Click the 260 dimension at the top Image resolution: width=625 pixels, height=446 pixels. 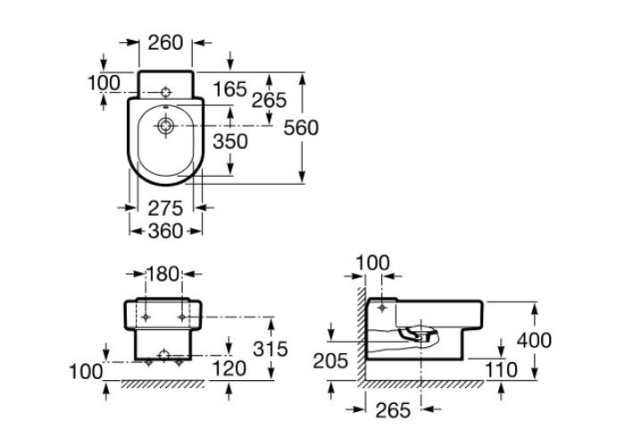(x=167, y=42)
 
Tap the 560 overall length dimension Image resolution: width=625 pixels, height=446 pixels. (x=301, y=128)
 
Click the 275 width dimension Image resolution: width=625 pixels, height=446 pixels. (x=165, y=208)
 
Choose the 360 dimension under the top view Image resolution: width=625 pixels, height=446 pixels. (x=165, y=231)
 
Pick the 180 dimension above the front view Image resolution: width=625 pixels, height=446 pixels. (x=162, y=273)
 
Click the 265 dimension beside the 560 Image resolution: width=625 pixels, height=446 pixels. (x=269, y=100)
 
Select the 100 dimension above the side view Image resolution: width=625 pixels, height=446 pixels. (x=373, y=262)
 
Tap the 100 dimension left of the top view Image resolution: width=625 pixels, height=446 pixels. (x=104, y=83)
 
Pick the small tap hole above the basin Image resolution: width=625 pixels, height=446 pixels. (x=166, y=93)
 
